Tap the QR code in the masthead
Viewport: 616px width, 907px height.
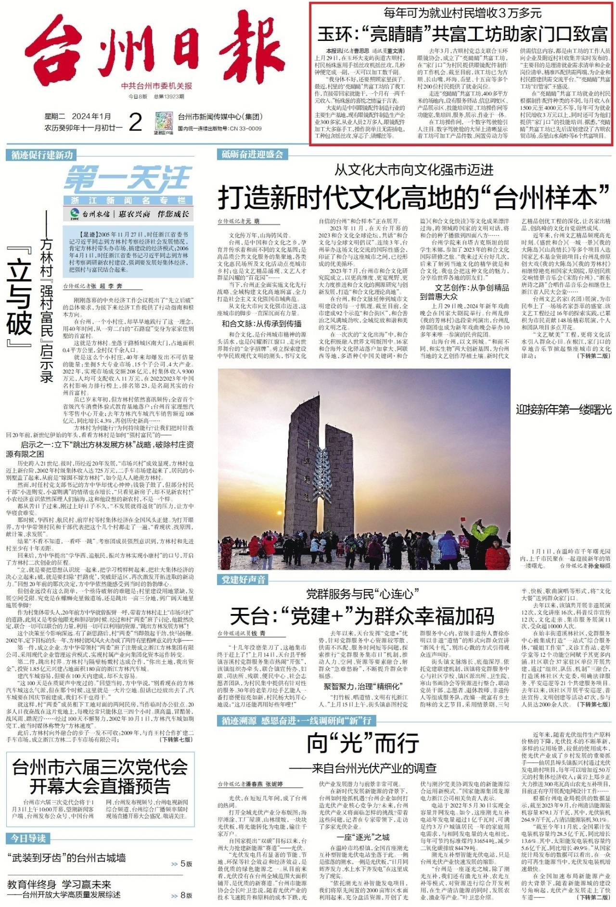click(x=163, y=122)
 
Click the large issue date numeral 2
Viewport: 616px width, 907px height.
click(x=136, y=122)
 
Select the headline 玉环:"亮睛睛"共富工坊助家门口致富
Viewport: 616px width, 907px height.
click(x=462, y=34)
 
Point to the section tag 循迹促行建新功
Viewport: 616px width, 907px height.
click(x=42, y=155)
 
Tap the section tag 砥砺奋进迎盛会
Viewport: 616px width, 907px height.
click(x=253, y=154)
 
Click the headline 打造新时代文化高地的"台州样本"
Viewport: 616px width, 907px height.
click(x=414, y=197)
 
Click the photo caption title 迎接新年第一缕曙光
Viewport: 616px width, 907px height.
click(x=564, y=410)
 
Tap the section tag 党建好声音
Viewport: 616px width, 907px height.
click(x=244, y=579)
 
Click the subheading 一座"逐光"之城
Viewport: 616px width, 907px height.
click(x=363, y=837)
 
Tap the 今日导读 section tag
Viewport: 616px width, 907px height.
click(x=28, y=838)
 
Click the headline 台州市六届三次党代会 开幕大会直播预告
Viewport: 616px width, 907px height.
click(x=100, y=776)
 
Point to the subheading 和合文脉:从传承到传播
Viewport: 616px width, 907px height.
click(x=261, y=323)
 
